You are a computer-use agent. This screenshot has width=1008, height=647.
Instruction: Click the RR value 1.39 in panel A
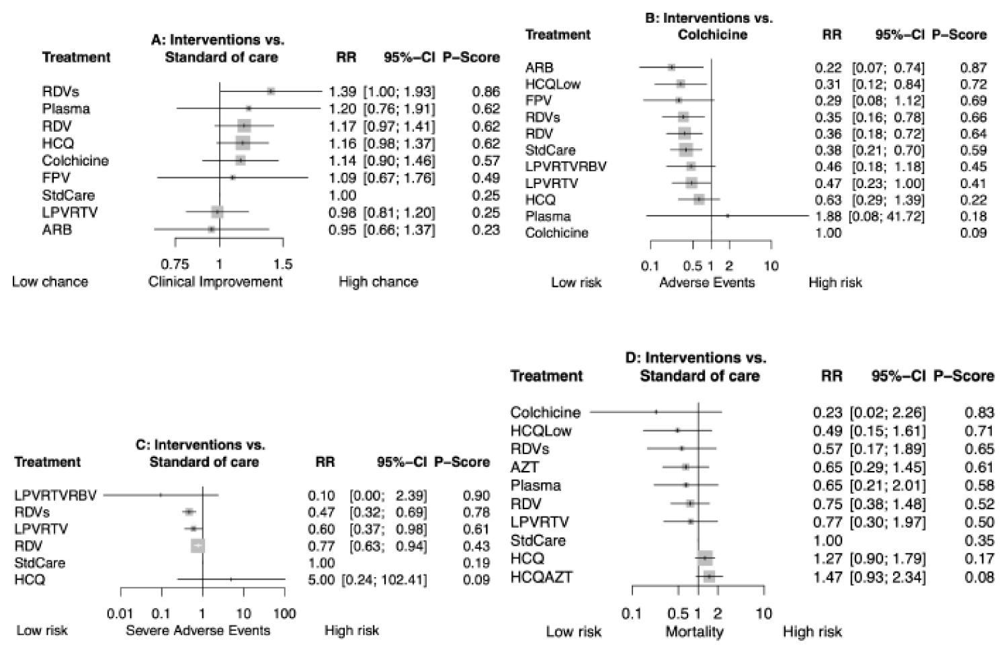(x=342, y=91)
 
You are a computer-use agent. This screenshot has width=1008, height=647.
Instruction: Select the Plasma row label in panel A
(x=66, y=109)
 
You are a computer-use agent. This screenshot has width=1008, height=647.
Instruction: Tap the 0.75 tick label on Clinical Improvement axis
(x=175, y=264)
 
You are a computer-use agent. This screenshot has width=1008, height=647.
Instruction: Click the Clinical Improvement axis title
(x=215, y=282)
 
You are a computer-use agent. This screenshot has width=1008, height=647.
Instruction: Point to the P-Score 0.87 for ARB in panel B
(x=974, y=67)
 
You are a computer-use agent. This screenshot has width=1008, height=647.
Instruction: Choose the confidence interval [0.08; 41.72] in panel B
(x=886, y=216)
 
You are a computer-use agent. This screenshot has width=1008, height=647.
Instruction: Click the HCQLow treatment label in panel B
(x=553, y=84)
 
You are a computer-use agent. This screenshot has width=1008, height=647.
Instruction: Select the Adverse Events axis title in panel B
(x=707, y=283)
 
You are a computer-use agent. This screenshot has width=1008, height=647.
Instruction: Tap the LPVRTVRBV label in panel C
(x=56, y=496)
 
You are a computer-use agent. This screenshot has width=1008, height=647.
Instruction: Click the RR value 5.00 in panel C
(x=321, y=580)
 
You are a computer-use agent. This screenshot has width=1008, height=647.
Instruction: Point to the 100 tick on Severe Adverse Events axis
(x=285, y=613)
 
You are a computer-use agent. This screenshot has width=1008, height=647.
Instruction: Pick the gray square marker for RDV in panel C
(x=198, y=546)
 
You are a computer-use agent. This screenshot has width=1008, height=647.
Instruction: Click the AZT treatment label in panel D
(x=525, y=467)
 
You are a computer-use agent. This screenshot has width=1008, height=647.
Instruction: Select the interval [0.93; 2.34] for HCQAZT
(x=888, y=577)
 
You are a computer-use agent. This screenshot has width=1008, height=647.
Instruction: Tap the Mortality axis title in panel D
(x=694, y=632)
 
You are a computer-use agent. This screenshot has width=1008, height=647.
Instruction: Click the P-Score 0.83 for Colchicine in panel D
(x=979, y=413)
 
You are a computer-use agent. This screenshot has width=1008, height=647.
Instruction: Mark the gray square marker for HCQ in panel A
(x=243, y=143)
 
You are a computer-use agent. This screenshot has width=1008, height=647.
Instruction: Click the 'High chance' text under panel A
(x=378, y=282)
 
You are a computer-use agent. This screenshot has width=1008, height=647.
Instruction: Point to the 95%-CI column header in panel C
(x=402, y=462)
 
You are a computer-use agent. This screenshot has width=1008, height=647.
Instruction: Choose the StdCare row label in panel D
(x=538, y=540)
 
